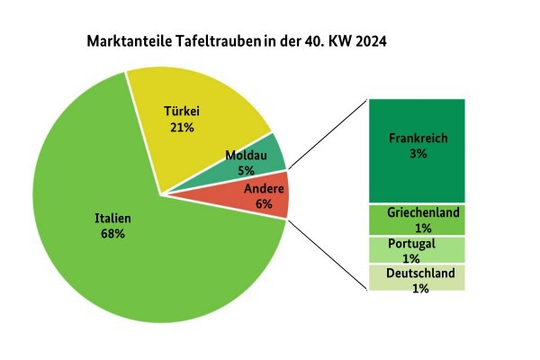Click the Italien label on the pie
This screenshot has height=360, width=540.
113,218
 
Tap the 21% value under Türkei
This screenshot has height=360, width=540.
182,127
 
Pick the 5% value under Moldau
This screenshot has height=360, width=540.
245,170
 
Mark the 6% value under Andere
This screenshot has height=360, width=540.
264,204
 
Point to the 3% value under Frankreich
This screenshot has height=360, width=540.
417,154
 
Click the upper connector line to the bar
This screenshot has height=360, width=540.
328,133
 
